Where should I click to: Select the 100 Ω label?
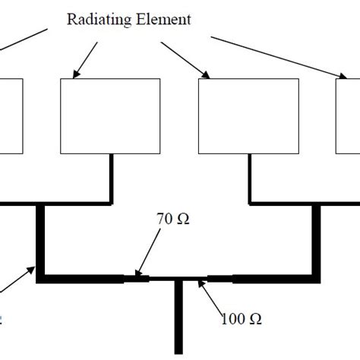click(x=242, y=319)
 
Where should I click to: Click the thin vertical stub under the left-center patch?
click(x=112, y=178)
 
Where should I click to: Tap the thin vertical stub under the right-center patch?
click(x=250, y=178)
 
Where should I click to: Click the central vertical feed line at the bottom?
click(x=179, y=319)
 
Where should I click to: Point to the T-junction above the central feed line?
click(x=179, y=279)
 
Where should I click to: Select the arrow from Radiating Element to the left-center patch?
click(x=86, y=59)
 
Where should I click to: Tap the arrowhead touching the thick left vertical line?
click(x=32, y=268)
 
